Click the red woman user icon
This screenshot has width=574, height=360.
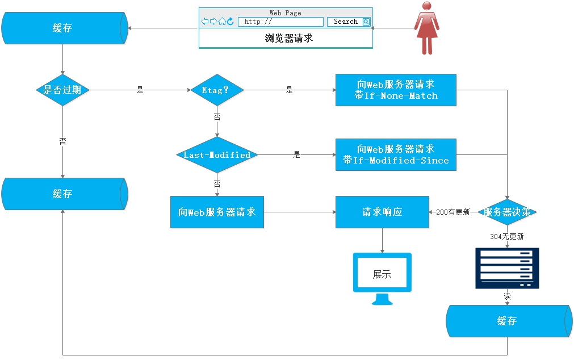point(428,28)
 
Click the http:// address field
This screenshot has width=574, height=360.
point(280,22)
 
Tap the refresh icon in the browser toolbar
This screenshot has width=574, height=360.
point(231,22)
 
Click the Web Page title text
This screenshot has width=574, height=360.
point(286,12)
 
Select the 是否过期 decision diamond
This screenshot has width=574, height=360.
point(62,90)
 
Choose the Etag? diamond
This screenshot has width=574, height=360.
point(216,90)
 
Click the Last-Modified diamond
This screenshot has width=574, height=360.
point(217,154)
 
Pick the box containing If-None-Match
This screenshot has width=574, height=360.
point(396,90)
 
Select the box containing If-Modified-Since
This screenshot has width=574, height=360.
point(396,154)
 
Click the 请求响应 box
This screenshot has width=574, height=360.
point(382,212)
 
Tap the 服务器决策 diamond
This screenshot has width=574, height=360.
point(507,212)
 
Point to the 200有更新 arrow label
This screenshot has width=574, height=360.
point(453,212)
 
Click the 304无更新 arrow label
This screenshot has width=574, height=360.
point(507,236)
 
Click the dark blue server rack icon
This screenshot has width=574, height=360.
point(507,268)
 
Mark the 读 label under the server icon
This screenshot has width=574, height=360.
point(507,296)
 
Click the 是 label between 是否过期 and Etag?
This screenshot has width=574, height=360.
point(140,90)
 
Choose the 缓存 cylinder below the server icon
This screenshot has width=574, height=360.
point(507,321)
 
